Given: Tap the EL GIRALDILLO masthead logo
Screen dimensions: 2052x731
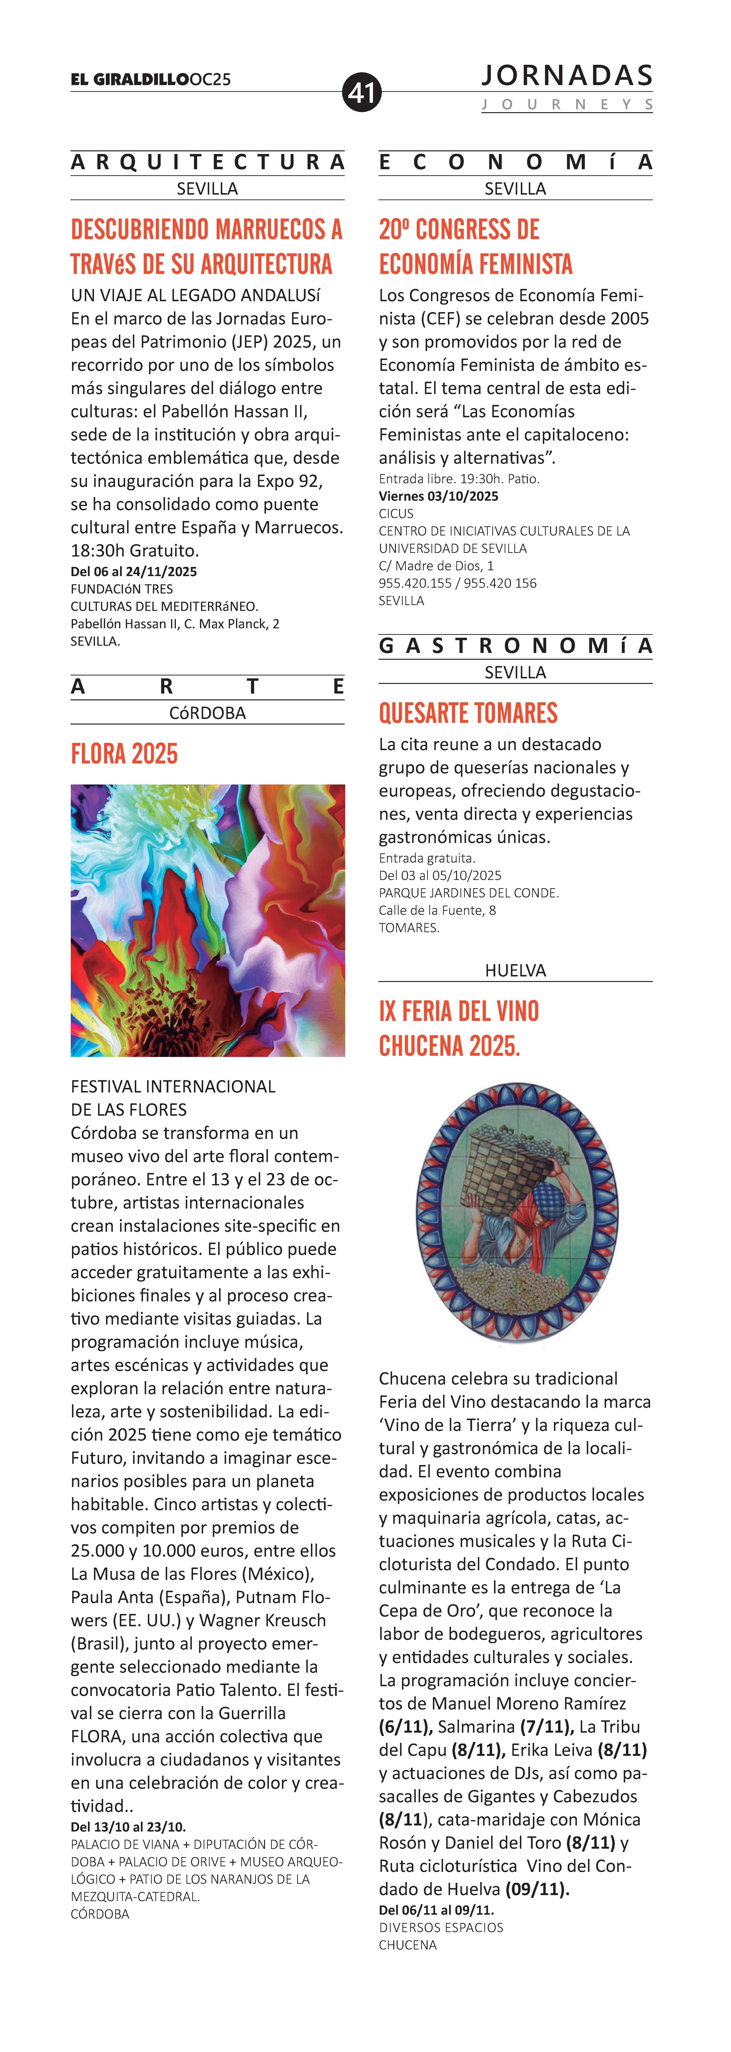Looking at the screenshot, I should pyautogui.click(x=130, y=80).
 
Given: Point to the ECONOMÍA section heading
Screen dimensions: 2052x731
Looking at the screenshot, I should pyautogui.click(x=515, y=162).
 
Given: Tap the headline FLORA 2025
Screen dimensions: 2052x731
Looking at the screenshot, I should pyautogui.click(x=124, y=754).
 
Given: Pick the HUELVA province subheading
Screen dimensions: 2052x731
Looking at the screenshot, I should pyautogui.click(x=515, y=970).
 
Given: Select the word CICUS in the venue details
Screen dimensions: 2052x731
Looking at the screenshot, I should pyautogui.click(x=396, y=514).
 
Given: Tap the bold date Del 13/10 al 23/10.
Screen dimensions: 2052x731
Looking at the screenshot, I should pyautogui.click(x=128, y=1827).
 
